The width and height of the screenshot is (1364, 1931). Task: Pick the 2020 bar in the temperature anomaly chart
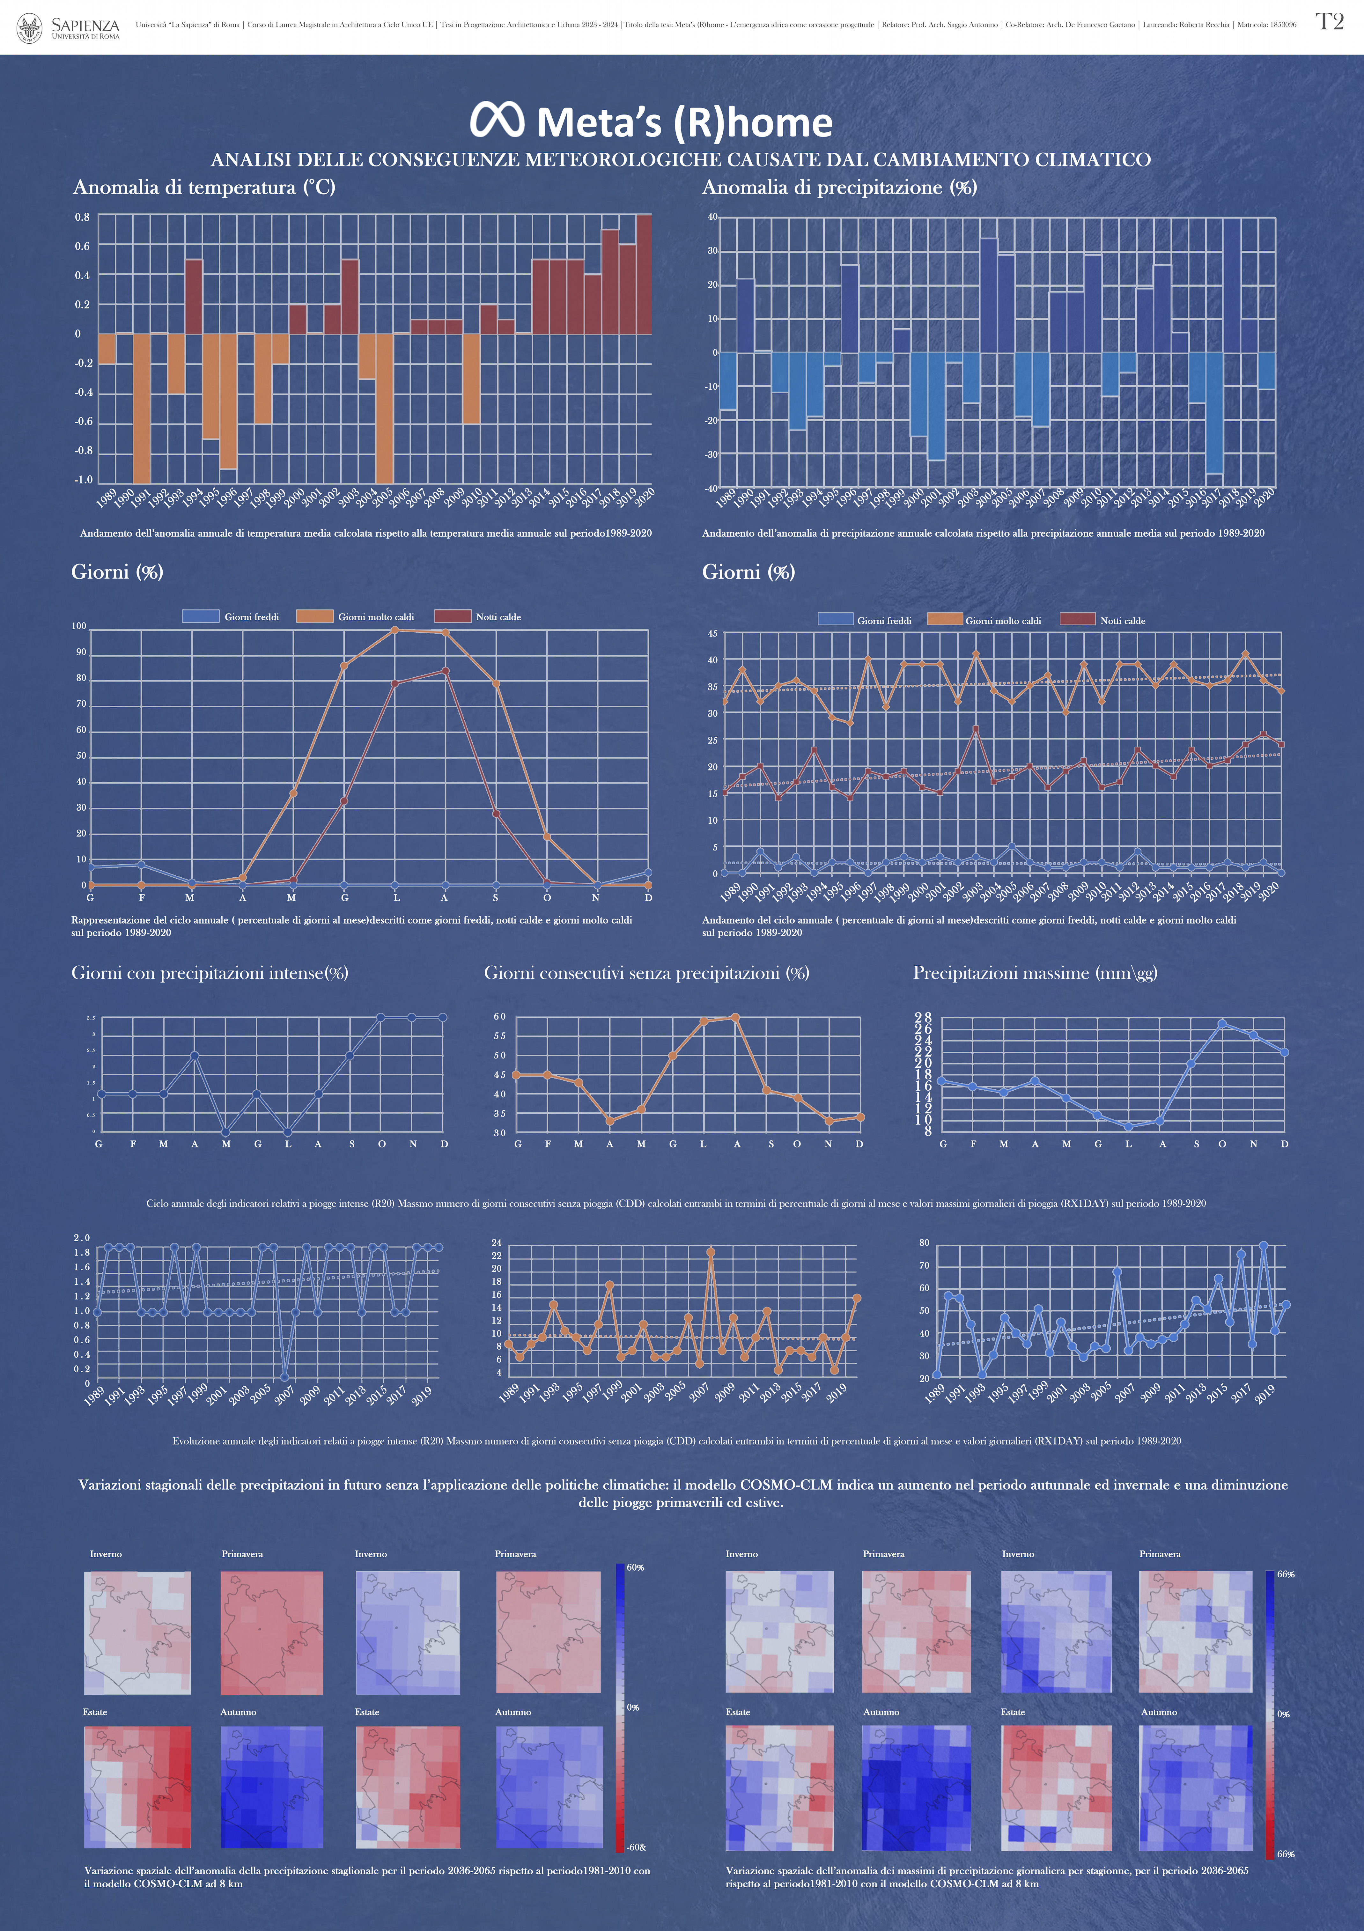pyautogui.click(x=644, y=274)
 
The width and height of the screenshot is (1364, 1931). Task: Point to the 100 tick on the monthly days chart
pyautogui.click(x=79, y=626)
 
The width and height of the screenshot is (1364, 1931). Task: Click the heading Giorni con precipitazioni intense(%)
pyautogui.click(x=210, y=973)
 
